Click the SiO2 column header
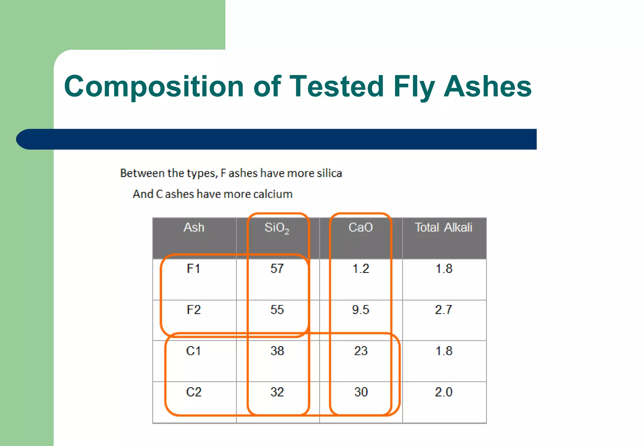(277, 228)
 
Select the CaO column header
(360, 227)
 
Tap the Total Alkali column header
(443, 227)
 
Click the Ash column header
(194, 227)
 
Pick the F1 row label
(193, 269)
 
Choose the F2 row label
(193, 310)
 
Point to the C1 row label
(193, 351)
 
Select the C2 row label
(193, 392)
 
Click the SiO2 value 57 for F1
(277, 269)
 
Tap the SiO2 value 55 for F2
(277, 310)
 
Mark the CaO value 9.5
(360, 310)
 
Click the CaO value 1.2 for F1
(360, 269)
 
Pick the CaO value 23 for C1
(361, 351)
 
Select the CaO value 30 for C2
(361, 392)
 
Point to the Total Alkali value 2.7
(443, 310)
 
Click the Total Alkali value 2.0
(443, 392)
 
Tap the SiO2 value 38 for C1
(277, 351)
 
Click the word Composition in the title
(154, 86)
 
